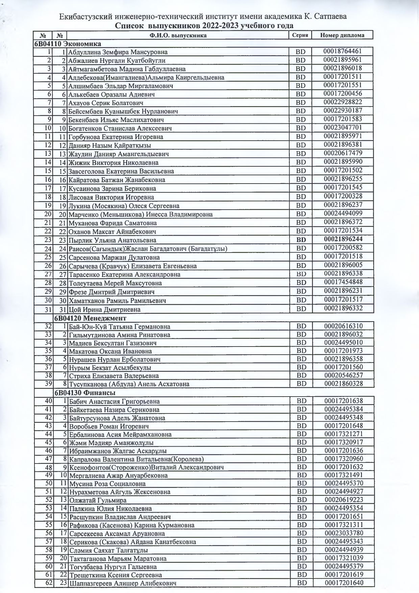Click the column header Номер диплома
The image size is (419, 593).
click(x=342, y=35)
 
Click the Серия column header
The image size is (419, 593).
click(x=299, y=35)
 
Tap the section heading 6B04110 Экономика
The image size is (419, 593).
click(x=67, y=44)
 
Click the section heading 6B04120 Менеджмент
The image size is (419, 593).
click(x=90, y=318)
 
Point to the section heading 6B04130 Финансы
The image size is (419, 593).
click(x=84, y=393)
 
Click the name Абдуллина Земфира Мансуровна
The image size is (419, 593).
click(x=118, y=52)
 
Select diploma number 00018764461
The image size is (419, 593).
click(x=342, y=51)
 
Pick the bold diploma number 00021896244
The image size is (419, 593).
click(x=343, y=239)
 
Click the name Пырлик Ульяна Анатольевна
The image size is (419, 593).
click(x=112, y=240)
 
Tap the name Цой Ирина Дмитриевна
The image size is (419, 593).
click(x=104, y=309)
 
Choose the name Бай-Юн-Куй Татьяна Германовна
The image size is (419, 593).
click(x=119, y=327)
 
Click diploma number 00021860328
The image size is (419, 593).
click(x=343, y=383)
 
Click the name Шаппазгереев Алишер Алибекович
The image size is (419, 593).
click(x=122, y=583)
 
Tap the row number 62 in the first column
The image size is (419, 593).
click(x=49, y=583)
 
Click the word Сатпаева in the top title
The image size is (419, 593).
click(x=332, y=17)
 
